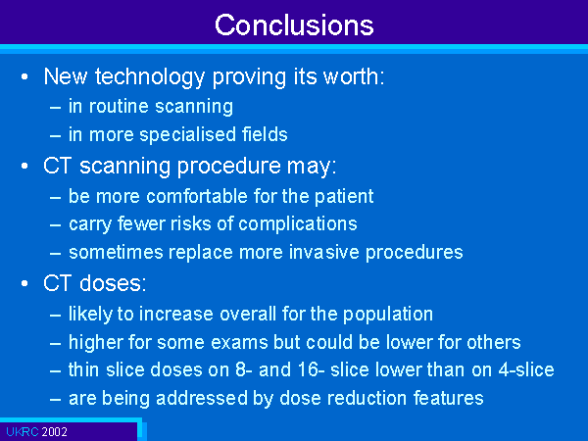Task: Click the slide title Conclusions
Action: (x=294, y=25)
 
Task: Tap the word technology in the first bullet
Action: (x=150, y=77)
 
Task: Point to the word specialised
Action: (x=187, y=135)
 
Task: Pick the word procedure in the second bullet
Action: (x=228, y=167)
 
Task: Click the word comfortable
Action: (x=197, y=196)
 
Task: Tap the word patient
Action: (x=344, y=197)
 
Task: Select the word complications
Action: (x=297, y=224)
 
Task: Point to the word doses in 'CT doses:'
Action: (x=113, y=283)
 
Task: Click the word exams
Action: (x=238, y=342)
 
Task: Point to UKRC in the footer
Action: (x=23, y=431)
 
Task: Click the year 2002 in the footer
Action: (x=54, y=431)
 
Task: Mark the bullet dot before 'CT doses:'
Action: (x=24, y=283)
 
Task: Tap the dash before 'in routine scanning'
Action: (x=55, y=108)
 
